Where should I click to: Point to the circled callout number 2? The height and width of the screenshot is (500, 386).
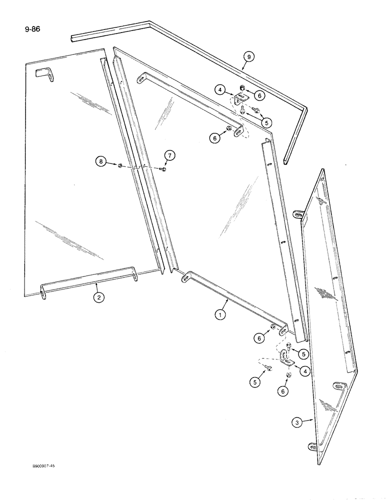[98, 298]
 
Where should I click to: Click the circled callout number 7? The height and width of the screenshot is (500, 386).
[169, 157]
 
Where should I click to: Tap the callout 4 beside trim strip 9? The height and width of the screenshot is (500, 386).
[219, 90]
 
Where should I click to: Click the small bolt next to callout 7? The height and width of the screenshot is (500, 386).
[163, 170]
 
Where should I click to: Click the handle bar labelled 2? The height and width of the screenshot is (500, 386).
[90, 280]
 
